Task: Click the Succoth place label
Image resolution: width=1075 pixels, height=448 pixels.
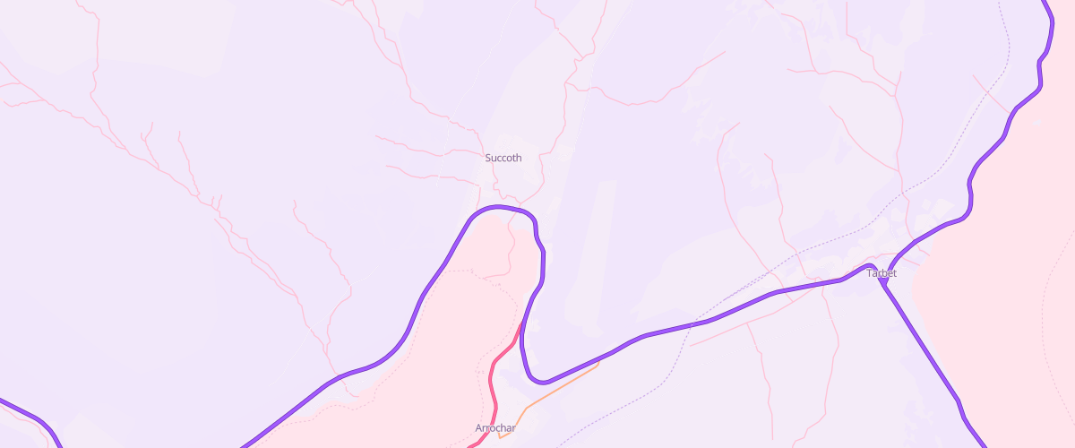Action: pos(503,158)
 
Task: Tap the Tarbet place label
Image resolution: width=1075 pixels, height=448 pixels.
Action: pos(881,273)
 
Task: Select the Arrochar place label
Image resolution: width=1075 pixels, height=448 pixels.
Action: pos(495,428)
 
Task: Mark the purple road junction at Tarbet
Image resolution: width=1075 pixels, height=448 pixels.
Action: pos(883,280)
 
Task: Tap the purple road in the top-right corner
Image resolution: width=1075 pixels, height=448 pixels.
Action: pos(1048,27)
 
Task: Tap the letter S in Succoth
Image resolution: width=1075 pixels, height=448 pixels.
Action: pos(488,158)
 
